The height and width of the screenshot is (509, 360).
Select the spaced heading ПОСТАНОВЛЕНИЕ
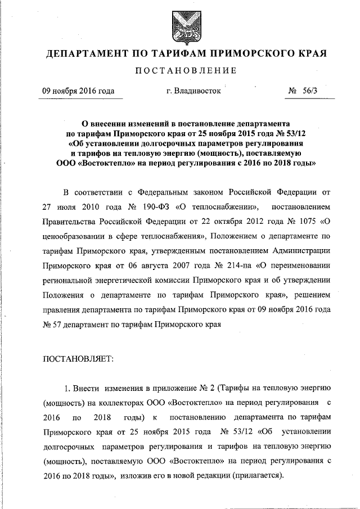[180, 72]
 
